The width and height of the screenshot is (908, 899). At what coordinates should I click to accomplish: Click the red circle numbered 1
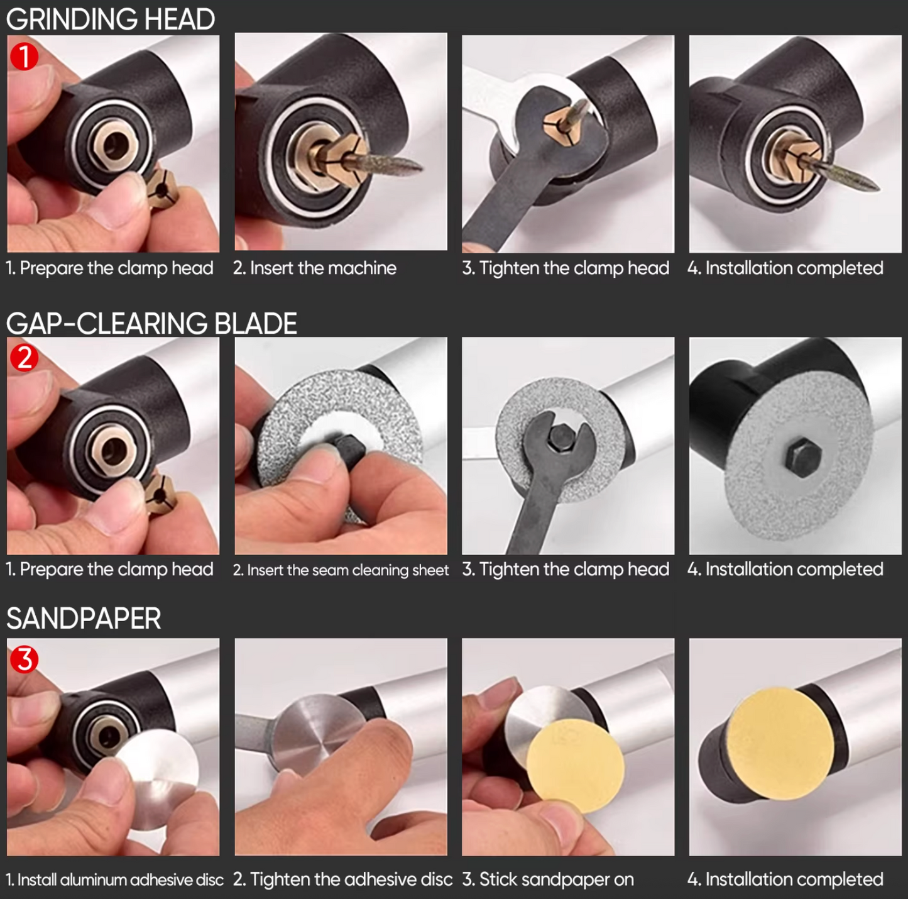pyautogui.click(x=24, y=56)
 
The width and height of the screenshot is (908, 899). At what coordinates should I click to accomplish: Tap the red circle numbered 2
pyautogui.click(x=24, y=358)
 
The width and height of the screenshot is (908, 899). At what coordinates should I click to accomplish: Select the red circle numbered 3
pyautogui.click(x=24, y=659)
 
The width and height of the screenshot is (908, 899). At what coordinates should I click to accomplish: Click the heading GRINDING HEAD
pyautogui.click(x=111, y=19)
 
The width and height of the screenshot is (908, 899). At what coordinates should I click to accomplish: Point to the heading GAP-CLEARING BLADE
pyautogui.click(x=151, y=323)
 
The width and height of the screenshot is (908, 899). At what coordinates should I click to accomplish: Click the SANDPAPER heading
pyautogui.click(x=84, y=618)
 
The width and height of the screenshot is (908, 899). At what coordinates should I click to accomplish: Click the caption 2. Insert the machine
pyautogui.click(x=315, y=268)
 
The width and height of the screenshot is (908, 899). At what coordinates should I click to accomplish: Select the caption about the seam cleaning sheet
pyautogui.click(x=341, y=570)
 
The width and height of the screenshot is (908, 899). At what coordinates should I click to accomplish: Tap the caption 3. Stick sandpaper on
pyautogui.click(x=547, y=880)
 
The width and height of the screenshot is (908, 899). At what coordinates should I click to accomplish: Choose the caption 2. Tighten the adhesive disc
pyautogui.click(x=342, y=880)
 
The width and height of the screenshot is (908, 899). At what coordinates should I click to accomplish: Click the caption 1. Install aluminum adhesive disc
pyautogui.click(x=114, y=880)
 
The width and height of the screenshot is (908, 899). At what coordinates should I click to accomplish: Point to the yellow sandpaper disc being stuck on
pyautogui.click(x=576, y=766)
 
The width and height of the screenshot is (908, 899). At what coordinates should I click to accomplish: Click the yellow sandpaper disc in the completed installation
pyautogui.click(x=780, y=744)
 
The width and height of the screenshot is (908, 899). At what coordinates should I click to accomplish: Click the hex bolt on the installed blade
pyautogui.click(x=804, y=456)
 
